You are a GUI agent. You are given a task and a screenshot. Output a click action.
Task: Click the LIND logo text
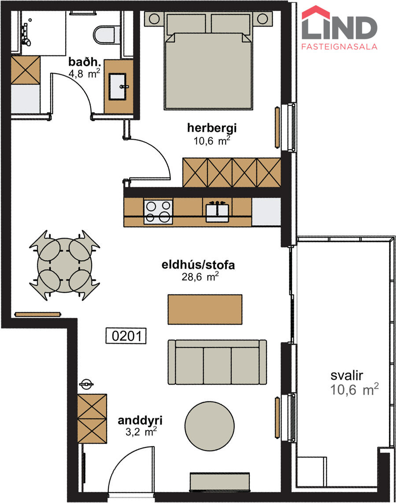(x=339, y=27)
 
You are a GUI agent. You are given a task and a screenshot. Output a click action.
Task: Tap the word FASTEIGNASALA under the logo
(x=339, y=47)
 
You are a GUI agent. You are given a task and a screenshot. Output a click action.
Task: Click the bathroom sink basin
(x=118, y=87)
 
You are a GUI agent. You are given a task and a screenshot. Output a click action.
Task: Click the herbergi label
(x=212, y=128)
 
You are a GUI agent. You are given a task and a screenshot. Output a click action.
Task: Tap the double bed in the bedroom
(x=208, y=61)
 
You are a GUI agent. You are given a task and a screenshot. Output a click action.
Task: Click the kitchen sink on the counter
(x=217, y=212)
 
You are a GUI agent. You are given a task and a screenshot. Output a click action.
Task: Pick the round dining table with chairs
(x=64, y=265)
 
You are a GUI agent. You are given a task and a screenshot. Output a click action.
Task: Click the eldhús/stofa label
(x=198, y=265)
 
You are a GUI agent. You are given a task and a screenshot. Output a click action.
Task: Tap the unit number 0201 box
(x=126, y=336)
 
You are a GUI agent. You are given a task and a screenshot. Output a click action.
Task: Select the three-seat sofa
(x=217, y=362)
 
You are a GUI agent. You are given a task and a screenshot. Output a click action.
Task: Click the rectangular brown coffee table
(x=205, y=310)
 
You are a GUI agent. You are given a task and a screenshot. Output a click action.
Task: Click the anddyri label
(x=140, y=421)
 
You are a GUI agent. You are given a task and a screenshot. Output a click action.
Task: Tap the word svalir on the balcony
(x=347, y=375)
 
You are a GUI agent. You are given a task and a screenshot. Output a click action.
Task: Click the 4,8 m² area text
(x=85, y=74)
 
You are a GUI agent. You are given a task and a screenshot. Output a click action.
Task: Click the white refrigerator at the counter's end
(x=266, y=212)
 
